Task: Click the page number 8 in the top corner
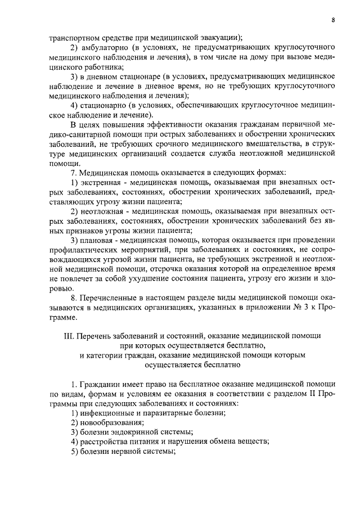tap(333, 20)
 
